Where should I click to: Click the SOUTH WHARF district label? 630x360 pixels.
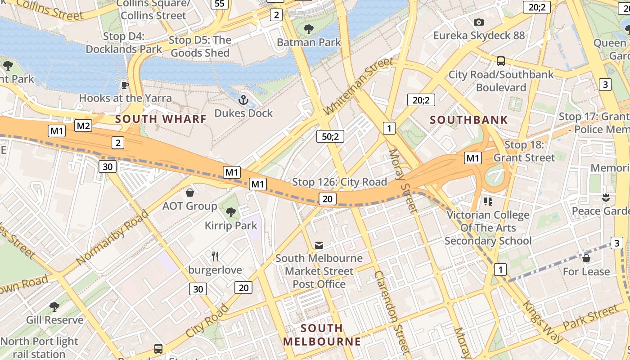(x=161, y=119)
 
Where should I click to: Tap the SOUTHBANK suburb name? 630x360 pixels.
(x=468, y=120)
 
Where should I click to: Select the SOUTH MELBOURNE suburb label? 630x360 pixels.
(x=322, y=334)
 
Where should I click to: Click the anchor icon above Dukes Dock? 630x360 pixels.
(x=243, y=99)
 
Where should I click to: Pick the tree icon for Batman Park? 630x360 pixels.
(x=309, y=30)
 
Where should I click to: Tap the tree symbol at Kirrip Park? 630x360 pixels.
(x=231, y=212)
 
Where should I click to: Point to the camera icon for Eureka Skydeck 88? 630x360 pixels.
(x=479, y=22)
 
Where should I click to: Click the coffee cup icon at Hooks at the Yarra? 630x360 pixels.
(x=125, y=85)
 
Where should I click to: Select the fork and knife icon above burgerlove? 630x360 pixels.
(x=215, y=256)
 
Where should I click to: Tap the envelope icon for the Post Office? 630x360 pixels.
(x=319, y=245)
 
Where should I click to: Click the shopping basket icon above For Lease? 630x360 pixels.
(x=586, y=258)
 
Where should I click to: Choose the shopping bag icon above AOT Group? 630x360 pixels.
(x=190, y=193)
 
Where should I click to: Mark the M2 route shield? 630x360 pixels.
(x=83, y=126)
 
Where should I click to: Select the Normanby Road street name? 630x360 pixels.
(x=112, y=237)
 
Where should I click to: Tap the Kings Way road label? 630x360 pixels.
(x=542, y=322)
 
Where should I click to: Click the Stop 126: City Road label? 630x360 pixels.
(x=339, y=182)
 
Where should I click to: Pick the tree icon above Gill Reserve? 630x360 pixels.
(x=54, y=307)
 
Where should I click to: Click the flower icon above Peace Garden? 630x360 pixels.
(x=606, y=198)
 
